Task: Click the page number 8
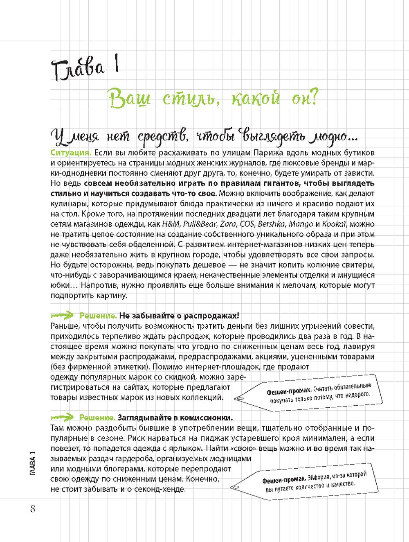(33, 508)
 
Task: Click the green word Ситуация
(71, 153)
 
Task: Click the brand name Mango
(301, 224)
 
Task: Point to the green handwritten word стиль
(187, 98)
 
